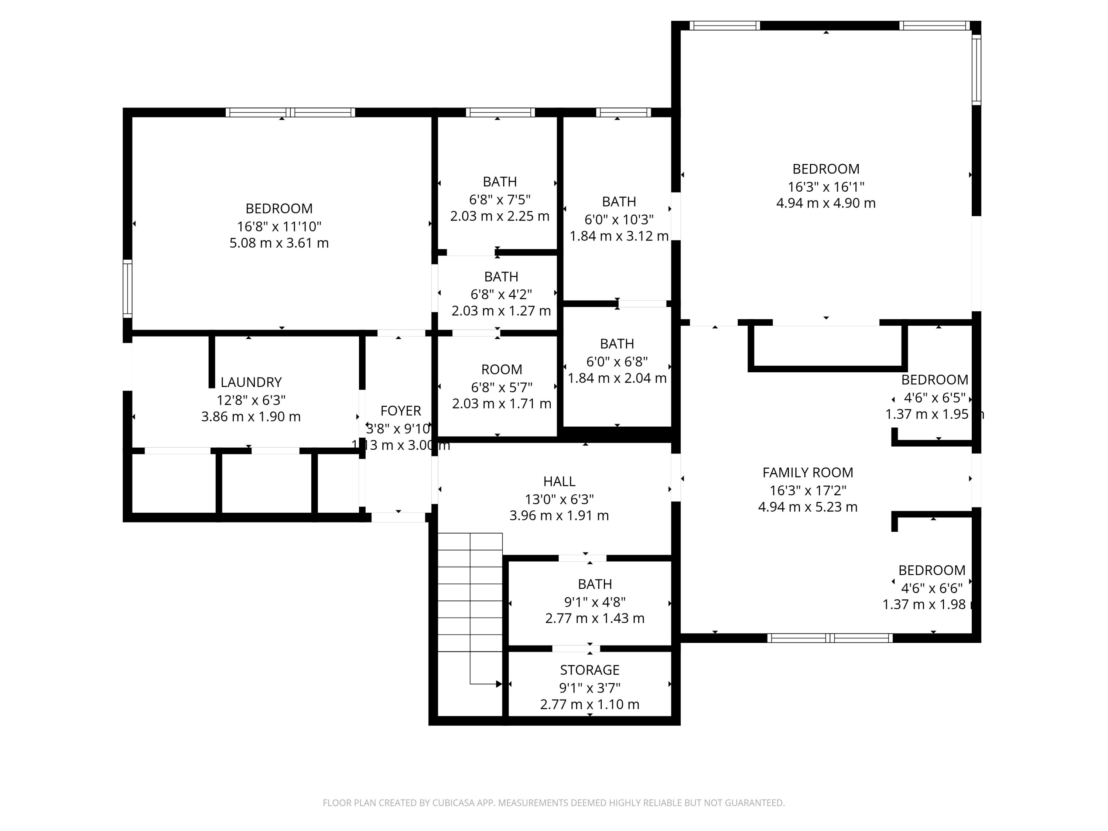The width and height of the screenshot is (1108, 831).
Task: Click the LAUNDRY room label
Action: pyautogui.click(x=251, y=383)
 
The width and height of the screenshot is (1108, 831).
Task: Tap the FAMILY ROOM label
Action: pyautogui.click(x=807, y=473)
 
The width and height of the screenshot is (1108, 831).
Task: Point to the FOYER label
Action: pyautogui.click(x=400, y=411)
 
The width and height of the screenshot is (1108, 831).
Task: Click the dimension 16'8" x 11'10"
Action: pyautogui.click(x=279, y=227)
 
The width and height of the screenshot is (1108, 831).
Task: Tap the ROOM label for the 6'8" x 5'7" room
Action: pyautogui.click(x=502, y=370)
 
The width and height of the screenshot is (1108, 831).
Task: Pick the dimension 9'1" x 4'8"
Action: pyautogui.click(x=595, y=602)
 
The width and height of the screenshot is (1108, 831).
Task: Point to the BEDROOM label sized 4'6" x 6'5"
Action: pyautogui.click(x=934, y=380)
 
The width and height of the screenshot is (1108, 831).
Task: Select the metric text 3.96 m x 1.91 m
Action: pyautogui.click(x=559, y=516)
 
